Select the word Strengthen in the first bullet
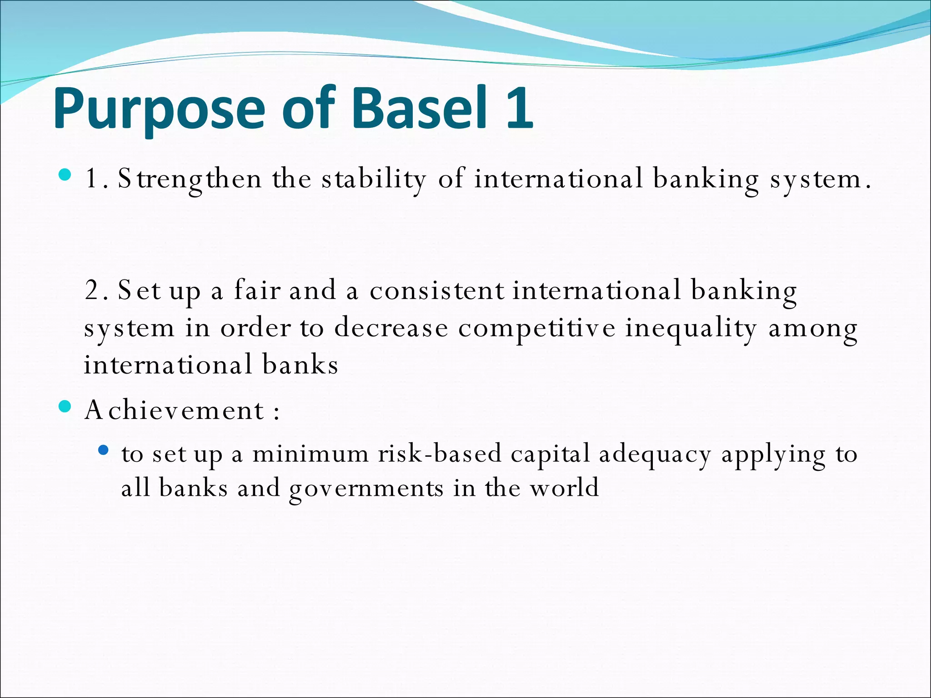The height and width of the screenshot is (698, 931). (190, 179)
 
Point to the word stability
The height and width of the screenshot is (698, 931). (374, 179)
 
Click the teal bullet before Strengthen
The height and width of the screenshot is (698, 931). (65, 174)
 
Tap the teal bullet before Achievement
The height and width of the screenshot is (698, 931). (65, 406)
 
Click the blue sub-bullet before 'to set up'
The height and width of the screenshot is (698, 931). (104, 450)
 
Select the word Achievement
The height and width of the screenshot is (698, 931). (175, 410)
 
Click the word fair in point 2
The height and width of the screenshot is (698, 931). (257, 290)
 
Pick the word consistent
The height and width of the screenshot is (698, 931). (436, 290)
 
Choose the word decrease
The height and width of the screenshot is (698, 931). (391, 328)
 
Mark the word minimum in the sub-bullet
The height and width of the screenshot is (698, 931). (310, 454)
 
